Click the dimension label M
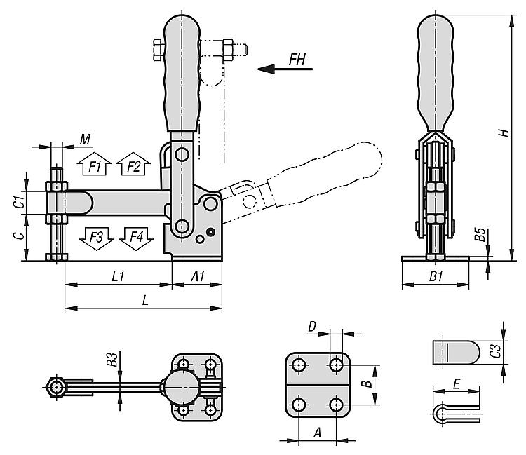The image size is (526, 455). click(x=85, y=140)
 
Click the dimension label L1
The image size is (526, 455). click(x=118, y=276)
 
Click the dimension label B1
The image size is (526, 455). click(x=435, y=276)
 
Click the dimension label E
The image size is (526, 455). click(x=457, y=384)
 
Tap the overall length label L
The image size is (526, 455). click(x=144, y=299)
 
